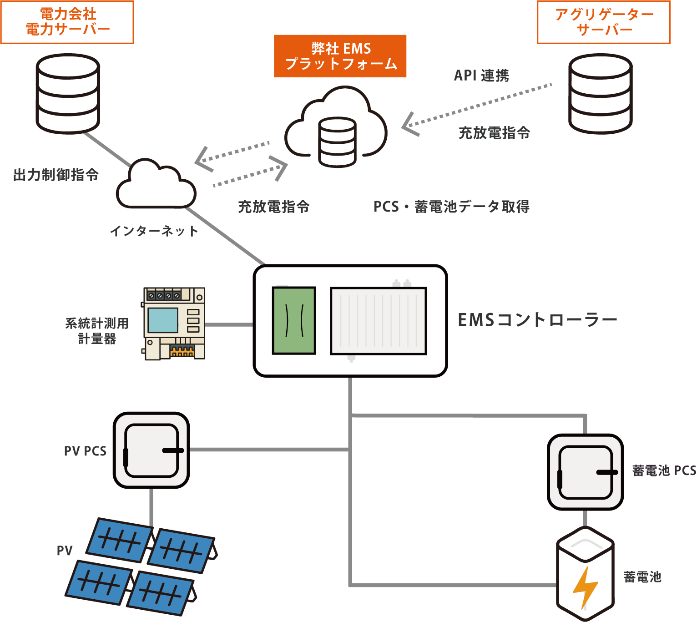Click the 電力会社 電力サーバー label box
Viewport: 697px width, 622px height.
point(67,22)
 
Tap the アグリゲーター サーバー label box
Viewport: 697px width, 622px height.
point(603,22)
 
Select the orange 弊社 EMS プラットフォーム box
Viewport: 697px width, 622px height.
point(340,56)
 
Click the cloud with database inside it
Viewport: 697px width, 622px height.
point(337,127)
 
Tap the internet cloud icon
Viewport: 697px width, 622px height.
point(156,186)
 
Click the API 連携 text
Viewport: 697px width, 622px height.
point(481,76)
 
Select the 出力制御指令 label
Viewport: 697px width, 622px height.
point(56,175)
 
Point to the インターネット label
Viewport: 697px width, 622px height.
point(154,231)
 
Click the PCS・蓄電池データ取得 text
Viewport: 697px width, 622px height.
point(451,207)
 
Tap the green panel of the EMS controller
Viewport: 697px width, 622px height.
point(294,320)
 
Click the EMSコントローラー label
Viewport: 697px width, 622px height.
point(537,320)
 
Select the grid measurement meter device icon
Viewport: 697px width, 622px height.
point(174,324)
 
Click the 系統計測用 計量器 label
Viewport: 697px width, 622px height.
point(97,331)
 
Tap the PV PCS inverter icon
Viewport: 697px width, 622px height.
point(152,450)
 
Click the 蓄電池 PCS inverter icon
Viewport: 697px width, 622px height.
point(586,472)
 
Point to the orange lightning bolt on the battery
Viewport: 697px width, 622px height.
point(585,587)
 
